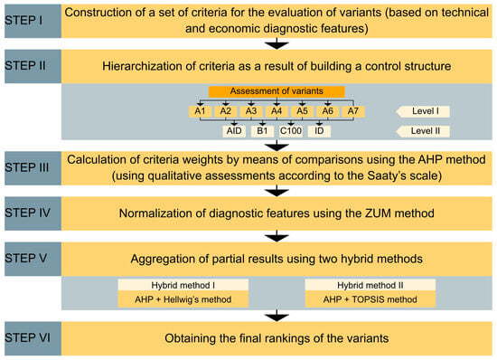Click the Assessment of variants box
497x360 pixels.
277,91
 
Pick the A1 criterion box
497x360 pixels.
200,111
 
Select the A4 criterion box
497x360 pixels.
277,111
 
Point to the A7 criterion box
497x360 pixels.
353,111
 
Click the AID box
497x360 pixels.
234,131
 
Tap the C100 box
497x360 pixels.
291,131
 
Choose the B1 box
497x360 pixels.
262,131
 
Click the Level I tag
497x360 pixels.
423,111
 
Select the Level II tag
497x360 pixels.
423,131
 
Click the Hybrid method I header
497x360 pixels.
183,285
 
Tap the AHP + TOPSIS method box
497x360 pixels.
370,299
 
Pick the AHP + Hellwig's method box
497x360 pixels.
183,299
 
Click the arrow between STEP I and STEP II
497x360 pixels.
277,43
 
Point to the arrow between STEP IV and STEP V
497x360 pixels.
277,236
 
